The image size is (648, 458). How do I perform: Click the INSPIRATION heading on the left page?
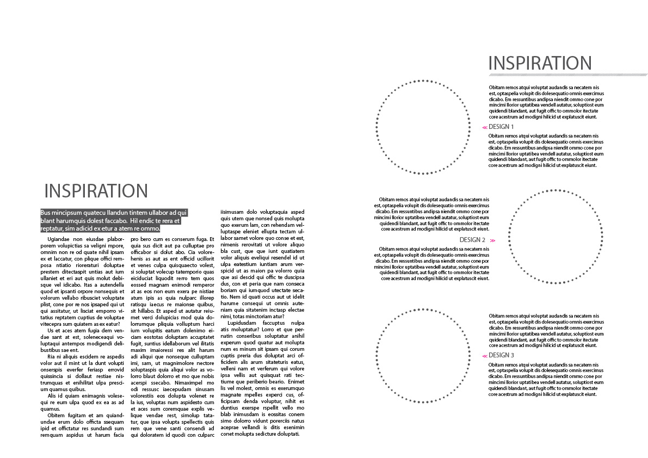click(x=96, y=191)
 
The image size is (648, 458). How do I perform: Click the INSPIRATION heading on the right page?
click(x=540, y=63)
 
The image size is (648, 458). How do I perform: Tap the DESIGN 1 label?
click(x=501, y=127)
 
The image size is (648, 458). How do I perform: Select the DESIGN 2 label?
click(x=472, y=240)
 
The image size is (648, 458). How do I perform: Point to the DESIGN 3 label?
click(x=501, y=355)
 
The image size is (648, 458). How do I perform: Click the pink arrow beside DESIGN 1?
click(x=484, y=127)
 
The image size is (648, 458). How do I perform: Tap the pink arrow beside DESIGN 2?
click(x=492, y=240)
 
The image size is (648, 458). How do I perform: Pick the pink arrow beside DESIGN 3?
click(x=484, y=356)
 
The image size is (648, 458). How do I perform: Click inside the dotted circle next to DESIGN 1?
click(x=423, y=127)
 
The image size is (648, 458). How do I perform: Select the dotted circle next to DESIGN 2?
click(x=556, y=237)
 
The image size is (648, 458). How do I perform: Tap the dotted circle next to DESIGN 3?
click(x=423, y=356)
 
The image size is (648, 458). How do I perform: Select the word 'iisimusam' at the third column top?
click(x=232, y=212)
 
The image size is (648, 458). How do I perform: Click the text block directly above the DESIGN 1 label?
click(x=546, y=102)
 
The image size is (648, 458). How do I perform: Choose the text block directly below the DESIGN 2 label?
click(x=432, y=264)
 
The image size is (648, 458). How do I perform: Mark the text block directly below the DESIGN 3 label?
click(x=546, y=379)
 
